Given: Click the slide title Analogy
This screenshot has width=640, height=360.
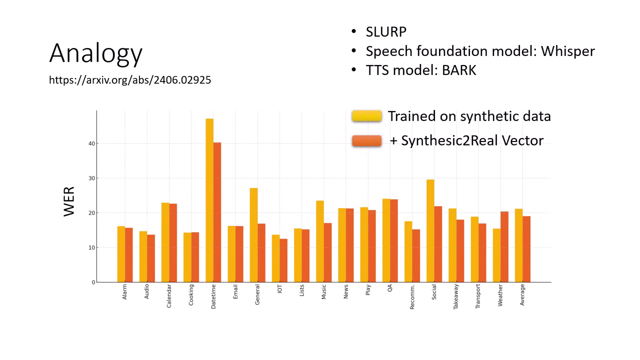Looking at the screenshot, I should pos(96,53).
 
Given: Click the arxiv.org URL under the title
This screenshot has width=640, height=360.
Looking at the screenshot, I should pos(130,80).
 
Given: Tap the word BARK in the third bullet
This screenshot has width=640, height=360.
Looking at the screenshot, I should pos(459,70).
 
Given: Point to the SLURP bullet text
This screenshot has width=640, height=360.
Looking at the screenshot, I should pos(386,32).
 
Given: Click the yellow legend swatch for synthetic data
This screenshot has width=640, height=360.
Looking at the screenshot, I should pos(366,116).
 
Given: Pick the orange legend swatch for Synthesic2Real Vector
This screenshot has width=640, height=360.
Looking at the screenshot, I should pos(366,140).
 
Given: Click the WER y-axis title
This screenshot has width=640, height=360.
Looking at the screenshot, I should pos(69,201).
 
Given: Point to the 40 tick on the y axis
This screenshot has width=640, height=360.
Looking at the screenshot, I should pos(91,143).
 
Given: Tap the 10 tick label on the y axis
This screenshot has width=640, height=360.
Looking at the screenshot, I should pos(91,247).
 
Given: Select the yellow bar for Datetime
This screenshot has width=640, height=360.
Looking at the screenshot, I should pos(209,200).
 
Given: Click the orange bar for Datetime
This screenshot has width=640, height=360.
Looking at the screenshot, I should pos(217,212).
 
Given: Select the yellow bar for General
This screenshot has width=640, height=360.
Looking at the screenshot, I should pos(253,235).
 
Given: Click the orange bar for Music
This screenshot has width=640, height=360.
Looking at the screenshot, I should pos(327,252).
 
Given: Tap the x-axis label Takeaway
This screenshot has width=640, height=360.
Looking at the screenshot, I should pos(456,296).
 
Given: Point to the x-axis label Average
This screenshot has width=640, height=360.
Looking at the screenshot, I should pos(522,294).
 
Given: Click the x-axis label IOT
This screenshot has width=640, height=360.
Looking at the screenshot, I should pos(280,289).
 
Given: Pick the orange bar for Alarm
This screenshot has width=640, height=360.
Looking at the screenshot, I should pos(129,255).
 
